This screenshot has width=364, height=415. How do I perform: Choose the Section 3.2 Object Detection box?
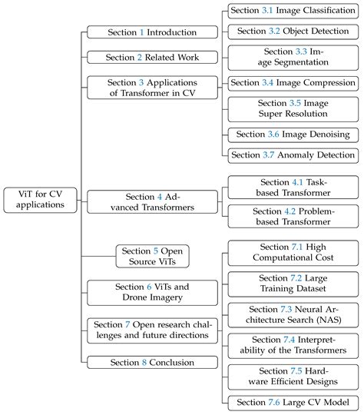pos(294,32)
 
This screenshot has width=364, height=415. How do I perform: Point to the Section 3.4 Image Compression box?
pos(294,82)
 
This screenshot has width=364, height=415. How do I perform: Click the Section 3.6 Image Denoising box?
pos(294,134)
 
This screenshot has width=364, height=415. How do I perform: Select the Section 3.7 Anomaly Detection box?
pos(294,154)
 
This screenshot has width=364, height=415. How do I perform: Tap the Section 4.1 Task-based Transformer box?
pos(294,188)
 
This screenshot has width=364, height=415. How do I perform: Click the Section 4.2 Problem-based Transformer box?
pos(294,217)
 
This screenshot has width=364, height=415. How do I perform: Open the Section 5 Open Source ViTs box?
pos(154,256)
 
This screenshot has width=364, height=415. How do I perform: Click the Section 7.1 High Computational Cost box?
pos(294,252)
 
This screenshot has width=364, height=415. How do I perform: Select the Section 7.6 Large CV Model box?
pos(294,403)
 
